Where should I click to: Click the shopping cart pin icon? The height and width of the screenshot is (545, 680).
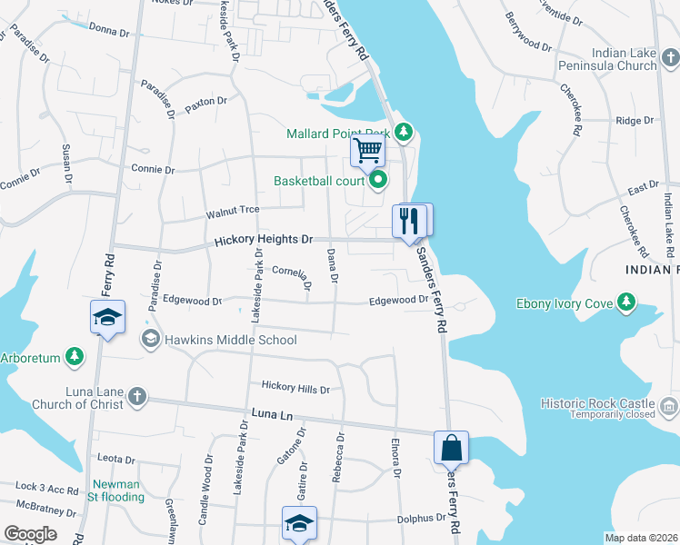point(367,150)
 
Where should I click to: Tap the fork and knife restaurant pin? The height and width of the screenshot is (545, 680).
point(408,220)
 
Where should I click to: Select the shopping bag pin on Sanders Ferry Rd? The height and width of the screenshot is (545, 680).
point(451,447)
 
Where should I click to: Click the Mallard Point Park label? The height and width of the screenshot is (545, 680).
point(337,134)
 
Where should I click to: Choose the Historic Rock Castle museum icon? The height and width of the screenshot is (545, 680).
point(670,403)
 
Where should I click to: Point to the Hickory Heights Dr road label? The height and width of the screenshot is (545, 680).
point(264,241)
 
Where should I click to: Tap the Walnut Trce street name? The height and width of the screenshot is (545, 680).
point(233,211)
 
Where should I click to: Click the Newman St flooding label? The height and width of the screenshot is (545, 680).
point(116,490)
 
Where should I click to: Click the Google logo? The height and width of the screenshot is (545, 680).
point(30,534)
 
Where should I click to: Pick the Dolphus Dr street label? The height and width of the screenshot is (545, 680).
point(423,519)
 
